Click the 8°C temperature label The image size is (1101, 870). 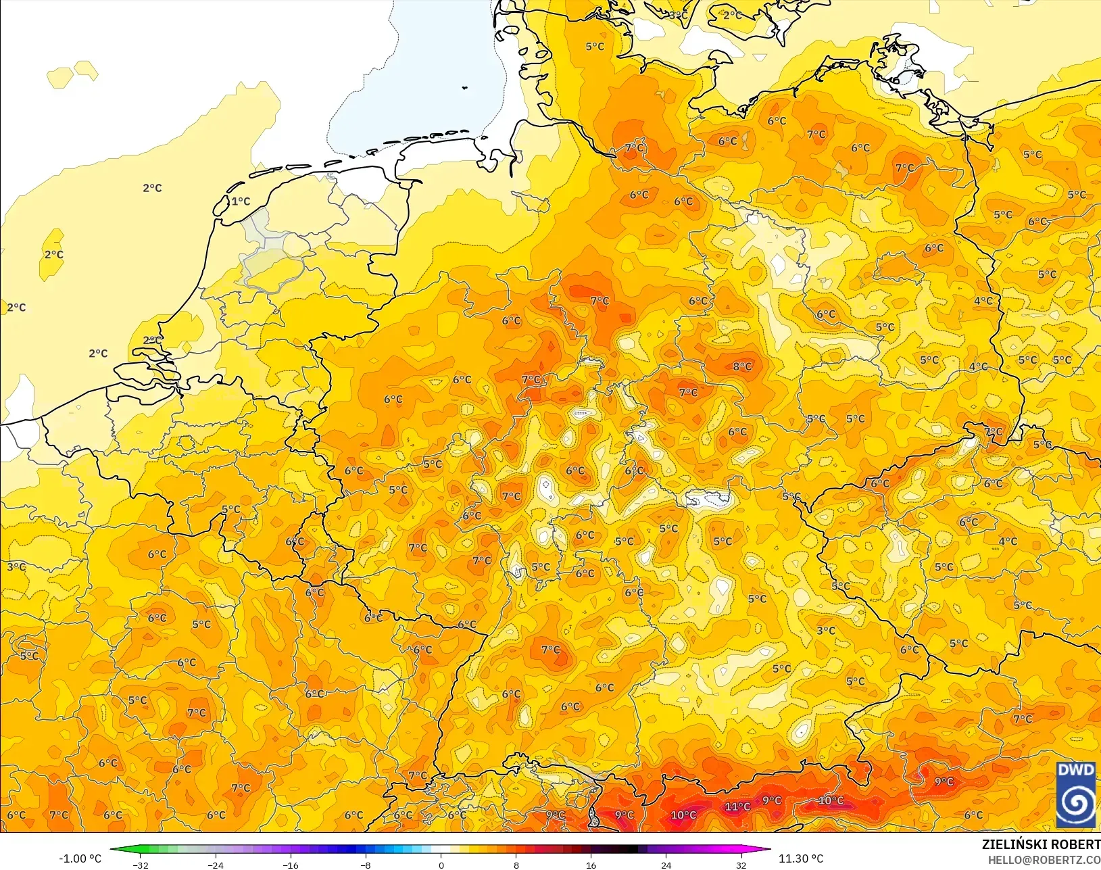coord(742,366)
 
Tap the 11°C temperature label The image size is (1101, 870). coord(737,806)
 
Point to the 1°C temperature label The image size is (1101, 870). coord(241,201)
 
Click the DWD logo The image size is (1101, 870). coord(1075,794)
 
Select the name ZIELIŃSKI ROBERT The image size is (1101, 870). coord(1041,845)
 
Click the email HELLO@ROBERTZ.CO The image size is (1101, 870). coord(1044,860)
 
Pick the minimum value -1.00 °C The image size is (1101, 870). coord(80,859)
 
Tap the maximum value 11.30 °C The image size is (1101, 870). coord(801,859)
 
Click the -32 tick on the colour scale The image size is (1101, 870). coord(141,865)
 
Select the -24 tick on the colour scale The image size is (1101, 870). coord(216,865)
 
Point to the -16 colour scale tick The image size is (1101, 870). coord(291,865)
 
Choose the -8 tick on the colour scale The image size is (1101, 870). coord(366,865)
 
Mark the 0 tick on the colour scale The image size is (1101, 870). coord(441,865)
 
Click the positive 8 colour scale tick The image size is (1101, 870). coord(516,865)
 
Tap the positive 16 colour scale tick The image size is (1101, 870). coord(591,865)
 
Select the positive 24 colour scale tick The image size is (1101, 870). coord(666,865)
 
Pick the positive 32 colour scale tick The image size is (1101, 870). coord(741,865)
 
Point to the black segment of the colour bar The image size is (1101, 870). coord(625,850)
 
